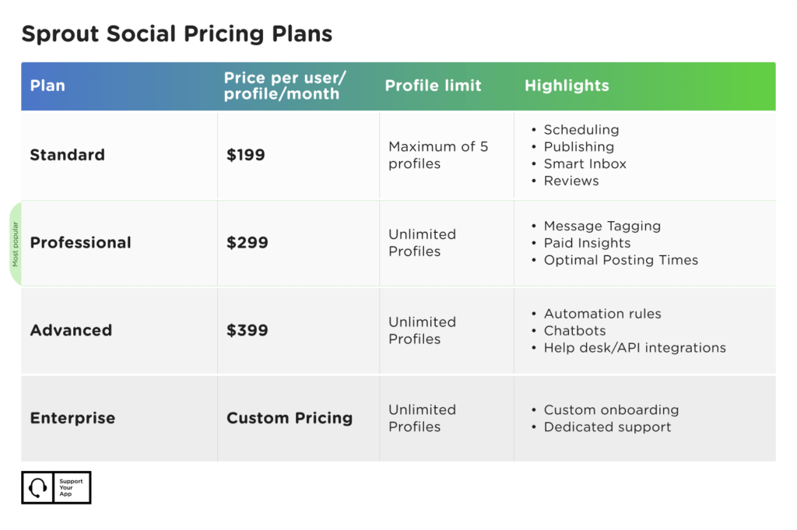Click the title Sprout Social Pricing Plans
pyautogui.click(x=177, y=34)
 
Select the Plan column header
pyautogui.click(x=47, y=86)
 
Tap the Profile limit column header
pyautogui.click(x=433, y=86)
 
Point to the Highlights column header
pyautogui.click(x=567, y=86)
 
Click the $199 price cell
pyautogui.click(x=246, y=155)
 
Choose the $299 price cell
pyautogui.click(x=247, y=243)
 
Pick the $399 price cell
pyautogui.click(x=247, y=330)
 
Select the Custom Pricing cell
pyautogui.click(x=290, y=418)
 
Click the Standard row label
pyautogui.click(x=67, y=155)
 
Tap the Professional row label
pyautogui.click(x=80, y=243)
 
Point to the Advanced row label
pyautogui.click(x=71, y=330)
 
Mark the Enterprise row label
pyautogui.click(x=72, y=418)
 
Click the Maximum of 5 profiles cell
pyautogui.click(x=438, y=155)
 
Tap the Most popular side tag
pyautogui.click(x=16, y=244)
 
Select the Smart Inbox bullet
pyautogui.click(x=585, y=163)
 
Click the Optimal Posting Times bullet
pyautogui.click(x=620, y=260)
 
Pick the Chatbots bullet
pyautogui.click(x=574, y=331)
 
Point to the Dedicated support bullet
pyautogui.click(x=607, y=426)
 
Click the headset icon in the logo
pyautogui.click(x=37, y=488)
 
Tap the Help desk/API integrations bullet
pyautogui.click(x=634, y=348)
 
